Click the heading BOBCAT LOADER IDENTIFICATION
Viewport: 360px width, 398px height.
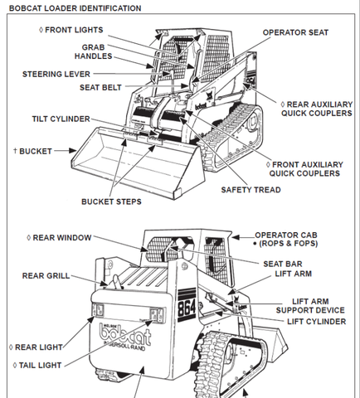[x=75, y=8]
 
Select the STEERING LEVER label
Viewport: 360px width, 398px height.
[x=56, y=74]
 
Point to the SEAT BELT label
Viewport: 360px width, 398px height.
[x=100, y=87]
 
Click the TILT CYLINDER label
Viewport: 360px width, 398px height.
[x=61, y=119]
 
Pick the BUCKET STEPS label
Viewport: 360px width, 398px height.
[x=111, y=201]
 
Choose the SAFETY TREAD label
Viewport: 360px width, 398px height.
[x=251, y=190]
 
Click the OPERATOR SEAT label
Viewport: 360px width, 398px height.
[x=295, y=32]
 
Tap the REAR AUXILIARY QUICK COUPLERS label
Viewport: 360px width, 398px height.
[x=317, y=109]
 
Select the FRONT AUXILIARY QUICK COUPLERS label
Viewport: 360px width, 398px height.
[x=304, y=169]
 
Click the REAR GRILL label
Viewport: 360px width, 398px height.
[x=46, y=275]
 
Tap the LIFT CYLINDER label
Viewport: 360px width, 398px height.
[x=316, y=322]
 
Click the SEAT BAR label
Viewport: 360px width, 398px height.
[x=283, y=264]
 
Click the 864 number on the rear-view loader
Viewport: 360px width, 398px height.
[x=187, y=307]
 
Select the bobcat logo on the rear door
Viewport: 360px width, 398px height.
[x=126, y=336]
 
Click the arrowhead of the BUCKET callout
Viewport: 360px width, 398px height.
[x=72, y=151]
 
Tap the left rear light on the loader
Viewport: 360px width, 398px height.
[x=98, y=310]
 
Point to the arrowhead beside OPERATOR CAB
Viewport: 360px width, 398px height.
[x=236, y=237]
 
